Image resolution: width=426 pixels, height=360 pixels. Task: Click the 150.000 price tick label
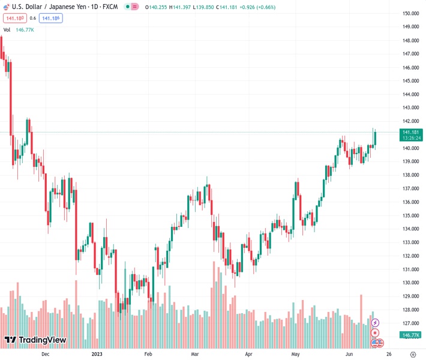click(410, 13)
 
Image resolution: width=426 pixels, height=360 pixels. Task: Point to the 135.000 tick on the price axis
click(410, 215)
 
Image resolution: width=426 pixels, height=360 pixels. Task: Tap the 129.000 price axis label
click(410, 296)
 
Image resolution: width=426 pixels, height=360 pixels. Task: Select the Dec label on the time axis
click(45, 354)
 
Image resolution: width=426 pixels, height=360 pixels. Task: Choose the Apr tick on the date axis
click(249, 354)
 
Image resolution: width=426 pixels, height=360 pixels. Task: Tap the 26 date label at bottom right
click(389, 354)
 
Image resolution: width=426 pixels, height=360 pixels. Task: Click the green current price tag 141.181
click(411, 132)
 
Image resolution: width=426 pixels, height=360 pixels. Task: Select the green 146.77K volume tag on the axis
click(411, 335)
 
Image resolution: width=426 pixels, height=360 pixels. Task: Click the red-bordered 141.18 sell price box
click(13, 18)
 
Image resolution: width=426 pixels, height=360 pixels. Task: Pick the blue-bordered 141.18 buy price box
click(51, 18)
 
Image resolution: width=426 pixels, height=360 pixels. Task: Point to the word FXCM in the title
click(109, 6)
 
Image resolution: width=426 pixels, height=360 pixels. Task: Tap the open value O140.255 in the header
click(158, 6)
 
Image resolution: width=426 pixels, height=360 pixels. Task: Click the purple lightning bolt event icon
click(376, 323)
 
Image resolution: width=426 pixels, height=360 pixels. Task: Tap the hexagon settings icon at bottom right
click(413, 354)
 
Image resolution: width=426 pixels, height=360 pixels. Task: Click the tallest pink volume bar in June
click(361, 309)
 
